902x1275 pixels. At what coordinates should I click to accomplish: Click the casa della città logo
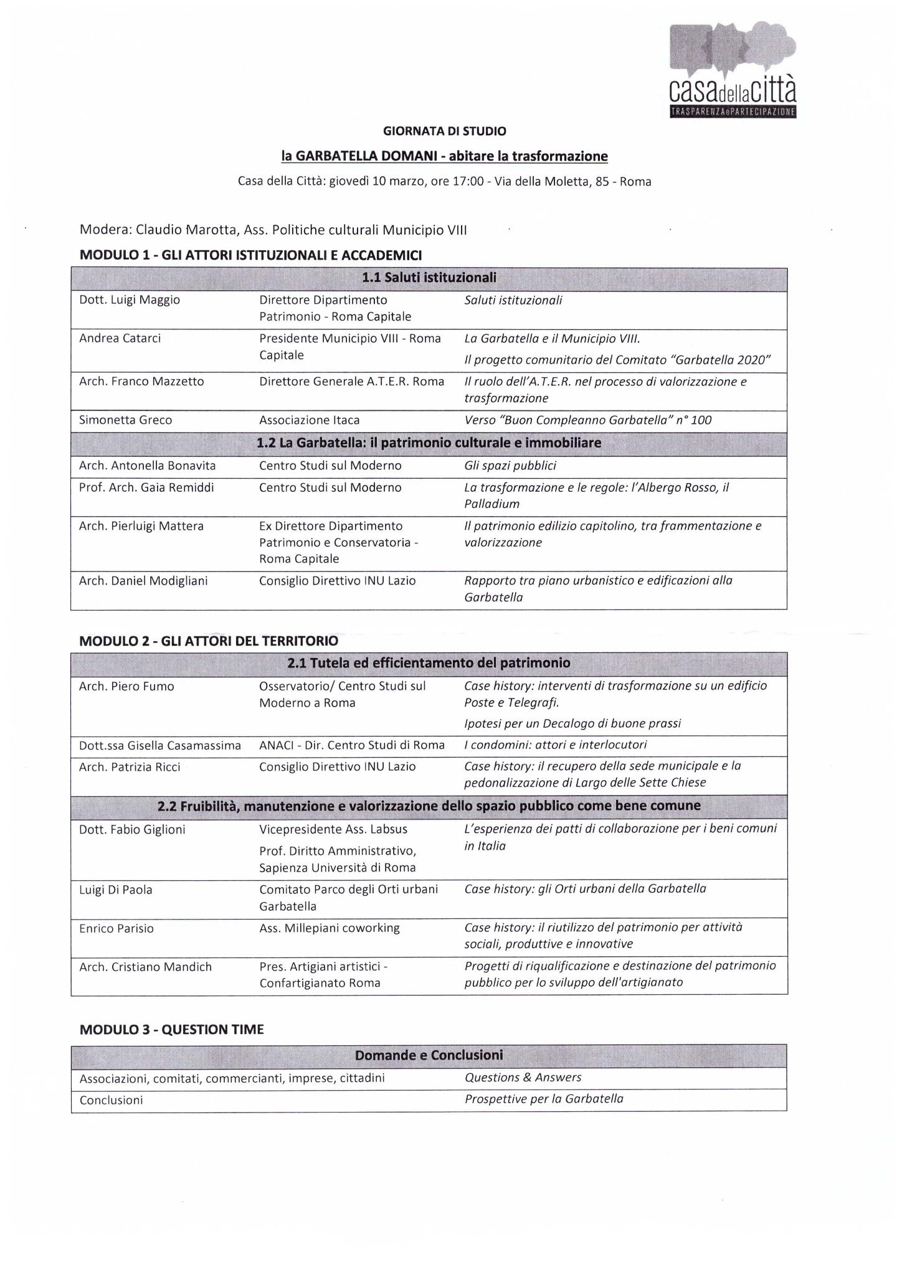(733, 70)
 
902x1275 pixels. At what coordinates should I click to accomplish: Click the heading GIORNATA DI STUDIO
(444, 131)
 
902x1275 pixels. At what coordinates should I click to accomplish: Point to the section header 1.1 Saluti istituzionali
(429, 278)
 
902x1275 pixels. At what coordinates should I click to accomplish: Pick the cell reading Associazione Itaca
(309, 420)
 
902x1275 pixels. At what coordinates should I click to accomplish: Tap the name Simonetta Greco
(125, 420)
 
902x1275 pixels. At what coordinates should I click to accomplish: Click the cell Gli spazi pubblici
(510, 466)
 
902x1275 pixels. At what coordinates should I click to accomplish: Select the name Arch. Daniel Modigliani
(143, 581)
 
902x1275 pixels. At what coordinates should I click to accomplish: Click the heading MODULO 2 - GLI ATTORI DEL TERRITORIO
(209, 641)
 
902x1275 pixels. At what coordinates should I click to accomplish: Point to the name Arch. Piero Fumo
(126, 687)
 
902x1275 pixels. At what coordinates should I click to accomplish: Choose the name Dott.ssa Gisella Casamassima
(159, 746)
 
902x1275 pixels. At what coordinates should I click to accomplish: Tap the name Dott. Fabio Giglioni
(132, 830)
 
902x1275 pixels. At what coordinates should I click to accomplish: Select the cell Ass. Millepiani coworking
(330, 928)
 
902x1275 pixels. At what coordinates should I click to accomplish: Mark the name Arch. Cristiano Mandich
(145, 967)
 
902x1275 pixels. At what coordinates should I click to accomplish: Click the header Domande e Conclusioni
(429, 1055)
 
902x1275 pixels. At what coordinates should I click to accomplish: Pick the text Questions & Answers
(523, 1078)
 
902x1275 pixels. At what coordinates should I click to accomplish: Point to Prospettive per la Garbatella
(543, 1099)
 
